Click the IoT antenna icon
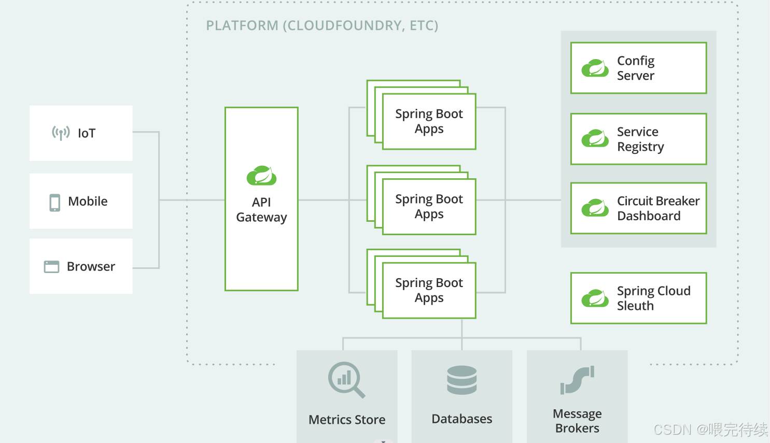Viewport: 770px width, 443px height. (x=61, y=133)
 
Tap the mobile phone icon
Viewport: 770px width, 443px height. (x=54, y=203)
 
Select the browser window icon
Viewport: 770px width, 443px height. (x=51, y=267)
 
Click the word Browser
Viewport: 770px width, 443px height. (x=91, y=266)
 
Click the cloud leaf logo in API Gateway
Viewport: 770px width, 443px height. (x=262, y=176)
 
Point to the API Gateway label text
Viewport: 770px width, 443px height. (x=262, y=209)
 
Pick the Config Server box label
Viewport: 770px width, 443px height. (x=636, y=68)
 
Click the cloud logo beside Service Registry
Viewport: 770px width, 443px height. (x=595, y=138)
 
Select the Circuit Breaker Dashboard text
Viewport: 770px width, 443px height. (x=659, y=208)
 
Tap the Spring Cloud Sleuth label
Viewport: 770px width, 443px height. (x=653, y=298)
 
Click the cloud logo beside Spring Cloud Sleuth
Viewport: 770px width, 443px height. (x=595, y=298)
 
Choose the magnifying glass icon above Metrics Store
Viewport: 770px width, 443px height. (x=346, y=380)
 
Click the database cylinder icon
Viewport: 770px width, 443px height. (x=461, y=380)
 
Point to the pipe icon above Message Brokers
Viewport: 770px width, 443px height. (x=578, y=380)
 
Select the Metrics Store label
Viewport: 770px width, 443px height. (x=347, y=420)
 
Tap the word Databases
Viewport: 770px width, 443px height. (x=461, y=419)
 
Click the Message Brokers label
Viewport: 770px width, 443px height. (x=577, y=421)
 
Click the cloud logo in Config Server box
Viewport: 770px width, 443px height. (x=595, y=68)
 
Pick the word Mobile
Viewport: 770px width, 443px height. (x=88, y=201)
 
